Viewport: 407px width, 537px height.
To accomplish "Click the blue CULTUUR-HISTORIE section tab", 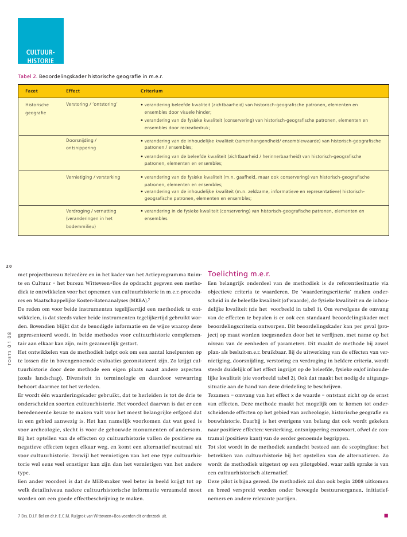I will tap(40, 41).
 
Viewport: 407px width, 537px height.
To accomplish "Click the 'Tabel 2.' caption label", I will tap(28, 76).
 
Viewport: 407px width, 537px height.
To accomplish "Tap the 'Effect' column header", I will tap(73, 91).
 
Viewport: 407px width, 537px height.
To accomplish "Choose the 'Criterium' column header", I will tap(152, 91).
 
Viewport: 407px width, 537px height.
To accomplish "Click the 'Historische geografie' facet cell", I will tap(37, 109).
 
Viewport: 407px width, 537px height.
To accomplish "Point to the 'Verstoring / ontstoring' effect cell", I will tap(92, 105).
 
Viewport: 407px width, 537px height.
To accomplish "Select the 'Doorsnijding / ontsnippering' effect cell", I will tap(82, 144).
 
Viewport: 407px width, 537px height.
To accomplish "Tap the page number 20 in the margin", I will tap(9, 266).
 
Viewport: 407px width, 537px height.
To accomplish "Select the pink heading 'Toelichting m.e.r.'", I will tap(238, 273).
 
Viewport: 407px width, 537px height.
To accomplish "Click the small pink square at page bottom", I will tap(386, 515).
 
